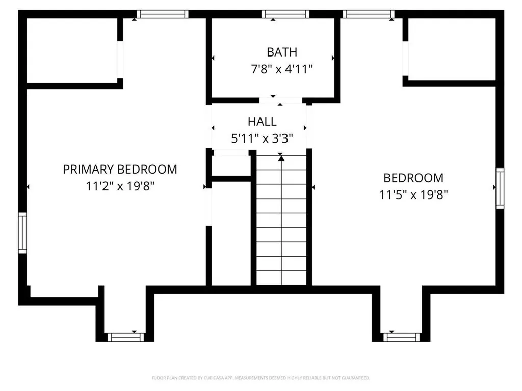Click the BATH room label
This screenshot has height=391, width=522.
(x=281, y=52)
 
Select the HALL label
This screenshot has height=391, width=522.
(x=262, y=122)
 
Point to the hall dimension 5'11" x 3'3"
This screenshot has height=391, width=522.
(x=262, y=138)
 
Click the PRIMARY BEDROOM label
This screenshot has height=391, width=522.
(x=120, y=169)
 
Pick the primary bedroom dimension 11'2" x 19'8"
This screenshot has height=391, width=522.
(x=120, y=186)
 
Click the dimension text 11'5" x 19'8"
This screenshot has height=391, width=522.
(x=413, y=194)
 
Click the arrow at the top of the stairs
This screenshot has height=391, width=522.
(x=281, y=158)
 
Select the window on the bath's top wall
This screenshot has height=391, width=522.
(x=285, y=14)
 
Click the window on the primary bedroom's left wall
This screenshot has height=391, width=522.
(x=22, y=233)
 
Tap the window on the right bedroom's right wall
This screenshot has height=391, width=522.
(x=500, y=188)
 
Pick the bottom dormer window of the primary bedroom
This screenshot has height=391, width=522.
(x=125, y=337)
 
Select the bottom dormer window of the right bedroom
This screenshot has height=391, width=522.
(x=402, y=337)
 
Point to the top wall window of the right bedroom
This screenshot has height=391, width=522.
(x=368, y=14)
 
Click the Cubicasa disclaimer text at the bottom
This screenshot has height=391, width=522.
(x=260, y=378)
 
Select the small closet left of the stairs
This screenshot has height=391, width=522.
(x=231, y=164)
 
